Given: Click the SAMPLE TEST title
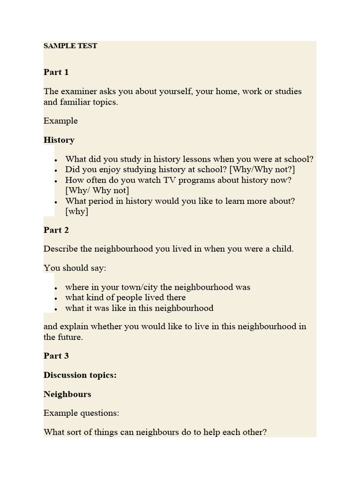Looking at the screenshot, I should [70, 46].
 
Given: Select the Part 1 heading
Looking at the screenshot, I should [56, 72].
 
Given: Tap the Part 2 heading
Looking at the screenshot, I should [56, 230].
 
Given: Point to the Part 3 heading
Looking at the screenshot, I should [56, 356].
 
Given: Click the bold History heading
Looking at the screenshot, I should [59, 140].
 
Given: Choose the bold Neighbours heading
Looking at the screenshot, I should [67, 394].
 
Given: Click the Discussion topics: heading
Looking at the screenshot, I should [80, 375].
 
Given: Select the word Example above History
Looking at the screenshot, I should [60, 121].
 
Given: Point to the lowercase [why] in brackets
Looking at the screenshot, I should [77, 211].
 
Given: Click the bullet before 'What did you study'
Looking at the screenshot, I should [56, 160].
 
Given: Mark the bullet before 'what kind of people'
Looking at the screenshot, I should [56, 298].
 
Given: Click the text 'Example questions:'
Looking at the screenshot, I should [82, 413].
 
